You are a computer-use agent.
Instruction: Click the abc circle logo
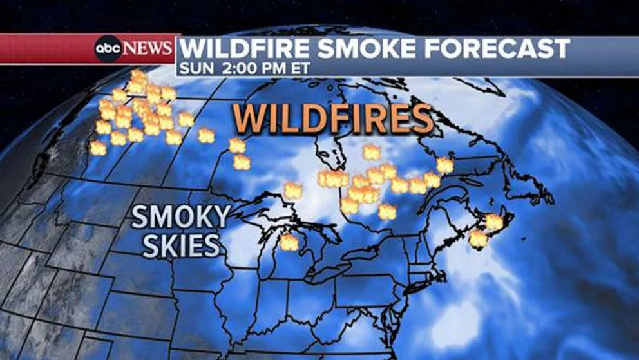pos(108,49)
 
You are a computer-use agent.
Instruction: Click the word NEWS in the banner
pos(148,49)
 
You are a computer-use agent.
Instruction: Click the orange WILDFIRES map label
pos(333,119)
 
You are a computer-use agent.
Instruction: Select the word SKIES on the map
pos(180,245)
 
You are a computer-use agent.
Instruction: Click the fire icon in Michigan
pos(289,242)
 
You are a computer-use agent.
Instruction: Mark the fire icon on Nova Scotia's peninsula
pos(478,239)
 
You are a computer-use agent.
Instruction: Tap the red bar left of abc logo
pos(45,49)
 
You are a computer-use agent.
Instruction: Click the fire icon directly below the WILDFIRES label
pos(370,152)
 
